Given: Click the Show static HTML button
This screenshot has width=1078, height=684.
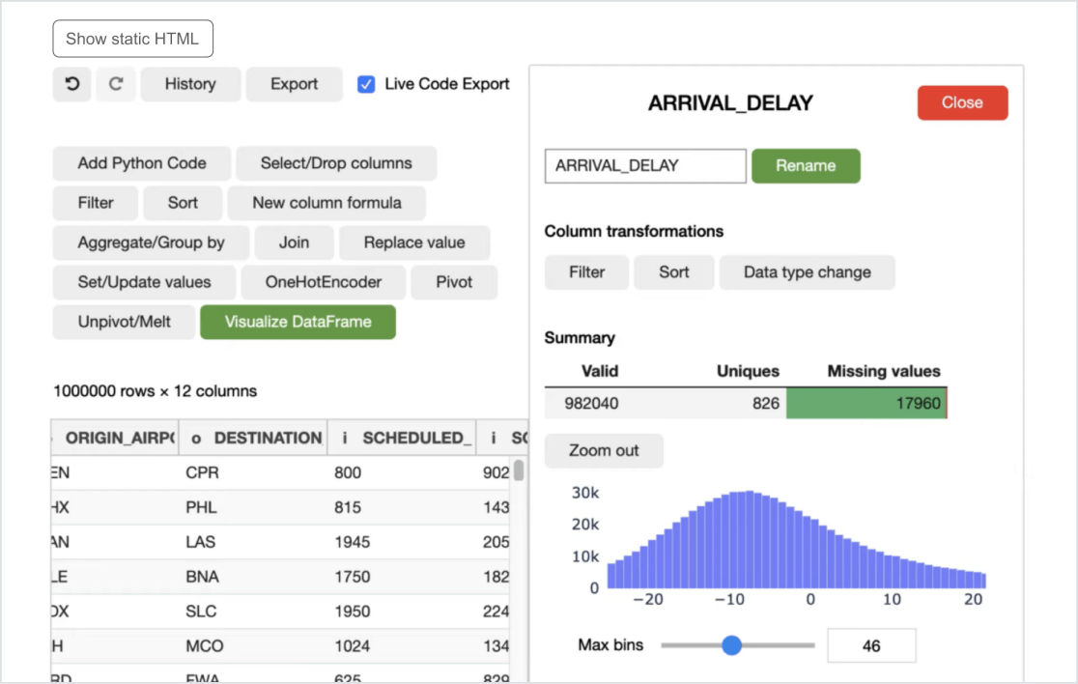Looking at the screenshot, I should [132, 40].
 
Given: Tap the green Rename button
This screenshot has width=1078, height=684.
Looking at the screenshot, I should [806, 165].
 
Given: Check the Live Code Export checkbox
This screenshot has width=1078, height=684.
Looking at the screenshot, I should [366, 84].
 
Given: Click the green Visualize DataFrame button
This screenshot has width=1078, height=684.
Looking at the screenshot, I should [298, 322].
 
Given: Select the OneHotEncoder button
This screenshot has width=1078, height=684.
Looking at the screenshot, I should [324, 282].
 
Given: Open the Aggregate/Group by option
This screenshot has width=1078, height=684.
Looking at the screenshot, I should [151, 242].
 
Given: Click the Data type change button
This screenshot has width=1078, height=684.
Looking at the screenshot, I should [807, 272].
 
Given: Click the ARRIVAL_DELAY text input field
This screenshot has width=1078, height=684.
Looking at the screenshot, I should [645, 165].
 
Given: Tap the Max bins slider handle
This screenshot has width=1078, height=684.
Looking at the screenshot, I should [732, 644].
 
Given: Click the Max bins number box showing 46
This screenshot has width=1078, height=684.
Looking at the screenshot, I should [871, 645].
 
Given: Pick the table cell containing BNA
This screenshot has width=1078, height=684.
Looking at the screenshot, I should [203, 577].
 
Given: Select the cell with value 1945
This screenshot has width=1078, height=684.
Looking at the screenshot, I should [353, 542].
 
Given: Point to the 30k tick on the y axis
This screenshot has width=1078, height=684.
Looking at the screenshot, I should [585, 492].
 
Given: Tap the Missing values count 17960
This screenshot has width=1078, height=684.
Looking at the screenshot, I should [918, 403].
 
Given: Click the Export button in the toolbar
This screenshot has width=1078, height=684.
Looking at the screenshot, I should [294, 84].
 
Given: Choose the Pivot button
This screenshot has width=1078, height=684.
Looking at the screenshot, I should [454, 282].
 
